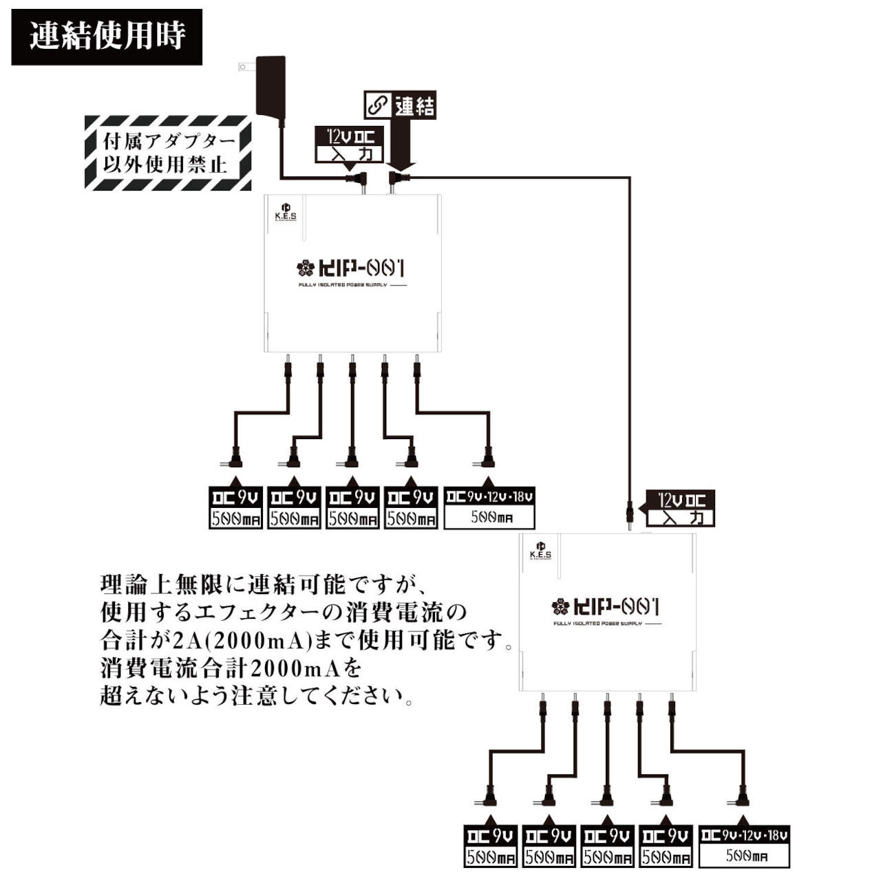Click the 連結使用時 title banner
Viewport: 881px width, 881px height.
[x=107, y=36]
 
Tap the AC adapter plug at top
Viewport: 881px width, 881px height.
[x=270, y=85]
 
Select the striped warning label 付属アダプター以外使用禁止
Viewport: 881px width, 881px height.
[x=167, y=153]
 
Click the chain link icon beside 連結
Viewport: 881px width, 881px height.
[x=377, y=105]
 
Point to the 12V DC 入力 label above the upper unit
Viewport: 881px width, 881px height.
[x=349, y=145]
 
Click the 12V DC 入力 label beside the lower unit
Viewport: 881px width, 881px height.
[x=680, y=509]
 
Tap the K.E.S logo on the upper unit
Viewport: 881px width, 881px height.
[x=286, y=212]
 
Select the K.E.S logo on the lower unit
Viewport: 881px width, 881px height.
[x=540, y=551]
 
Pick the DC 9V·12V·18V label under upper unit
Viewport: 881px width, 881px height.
[x=489, y=508]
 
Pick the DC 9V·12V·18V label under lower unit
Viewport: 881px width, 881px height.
[x=744, y=847]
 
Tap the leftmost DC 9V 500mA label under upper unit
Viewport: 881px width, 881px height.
[x=235, y=508]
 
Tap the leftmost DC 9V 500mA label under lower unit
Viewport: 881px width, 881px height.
[x=490, y=847]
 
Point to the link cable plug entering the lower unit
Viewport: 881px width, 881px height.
[x=629, y=515]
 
